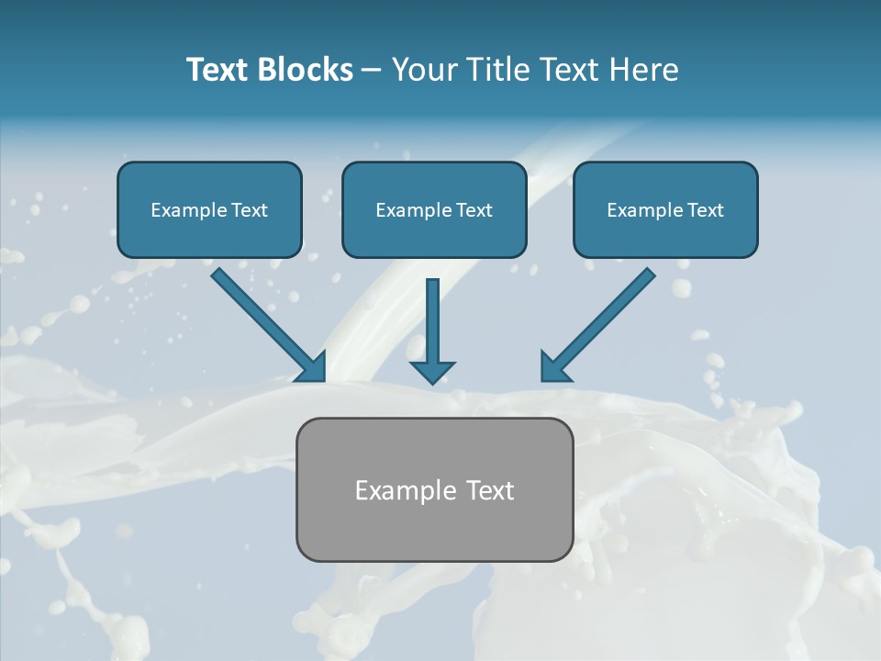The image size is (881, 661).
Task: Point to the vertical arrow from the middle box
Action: tap(432, 321)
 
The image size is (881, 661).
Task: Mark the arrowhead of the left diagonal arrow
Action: tap(313, 368)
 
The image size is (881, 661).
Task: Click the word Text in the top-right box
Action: tap(705, 210)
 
